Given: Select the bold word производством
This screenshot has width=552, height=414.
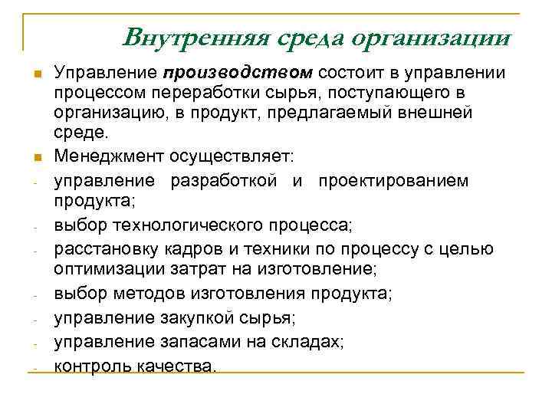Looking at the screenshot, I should tap(238, 73).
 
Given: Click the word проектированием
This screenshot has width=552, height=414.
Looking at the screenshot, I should tap(406, 180).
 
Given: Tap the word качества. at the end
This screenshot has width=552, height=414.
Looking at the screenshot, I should tap(176, 366).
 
